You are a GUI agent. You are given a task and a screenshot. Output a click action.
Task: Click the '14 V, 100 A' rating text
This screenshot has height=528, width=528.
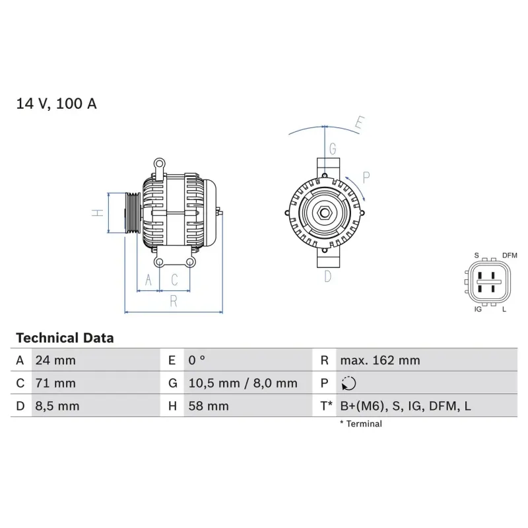(56, 104)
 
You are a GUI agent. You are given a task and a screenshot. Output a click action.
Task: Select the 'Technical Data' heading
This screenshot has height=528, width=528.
(65, 338)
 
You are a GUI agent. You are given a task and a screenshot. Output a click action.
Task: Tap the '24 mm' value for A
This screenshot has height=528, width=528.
(55, 360)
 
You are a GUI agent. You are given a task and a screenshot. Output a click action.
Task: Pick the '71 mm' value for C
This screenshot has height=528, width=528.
(55, 383)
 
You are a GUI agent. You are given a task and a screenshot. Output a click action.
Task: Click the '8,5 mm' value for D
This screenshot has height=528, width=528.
(57, 406)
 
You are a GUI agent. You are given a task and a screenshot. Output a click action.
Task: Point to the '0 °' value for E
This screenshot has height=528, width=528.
(197, 360)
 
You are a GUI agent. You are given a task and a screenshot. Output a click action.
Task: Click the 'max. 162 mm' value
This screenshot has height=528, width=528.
(379, 360)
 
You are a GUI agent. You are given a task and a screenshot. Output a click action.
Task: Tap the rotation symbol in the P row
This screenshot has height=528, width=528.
(348, 383)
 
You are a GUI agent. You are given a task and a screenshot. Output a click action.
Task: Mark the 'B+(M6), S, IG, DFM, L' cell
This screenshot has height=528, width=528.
(405, 406)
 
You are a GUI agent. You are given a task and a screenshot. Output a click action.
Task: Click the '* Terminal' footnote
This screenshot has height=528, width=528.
(360, 424)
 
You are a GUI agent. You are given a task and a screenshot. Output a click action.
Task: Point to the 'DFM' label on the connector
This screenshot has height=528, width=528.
(510, 255)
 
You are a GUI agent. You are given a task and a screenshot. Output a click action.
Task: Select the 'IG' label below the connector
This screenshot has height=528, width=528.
(477, 309)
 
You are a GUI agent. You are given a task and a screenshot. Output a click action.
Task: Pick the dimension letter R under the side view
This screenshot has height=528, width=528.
(174, 302)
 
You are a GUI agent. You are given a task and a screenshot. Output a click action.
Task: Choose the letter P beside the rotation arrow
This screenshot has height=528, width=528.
(366, 176)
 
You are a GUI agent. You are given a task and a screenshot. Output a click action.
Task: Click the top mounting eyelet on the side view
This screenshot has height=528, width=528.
(158, 162)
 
